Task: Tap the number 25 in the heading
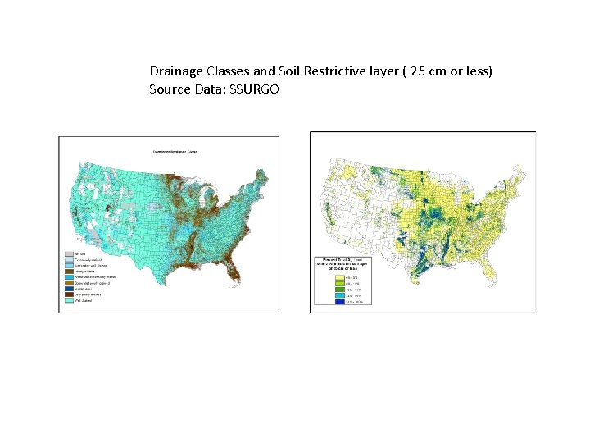[x=418, y=71]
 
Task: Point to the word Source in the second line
[x=168, y=88]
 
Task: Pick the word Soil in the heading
[x=288, y=71]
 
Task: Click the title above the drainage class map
[x=180, y=152]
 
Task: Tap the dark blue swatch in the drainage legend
[x=69, y=288]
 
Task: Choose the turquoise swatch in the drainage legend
[x=69, y=300]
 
